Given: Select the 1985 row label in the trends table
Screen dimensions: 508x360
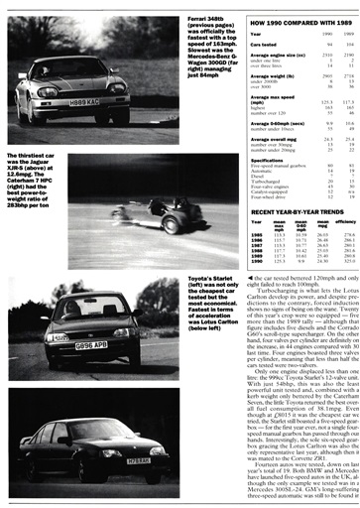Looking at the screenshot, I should tap(257, 236).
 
